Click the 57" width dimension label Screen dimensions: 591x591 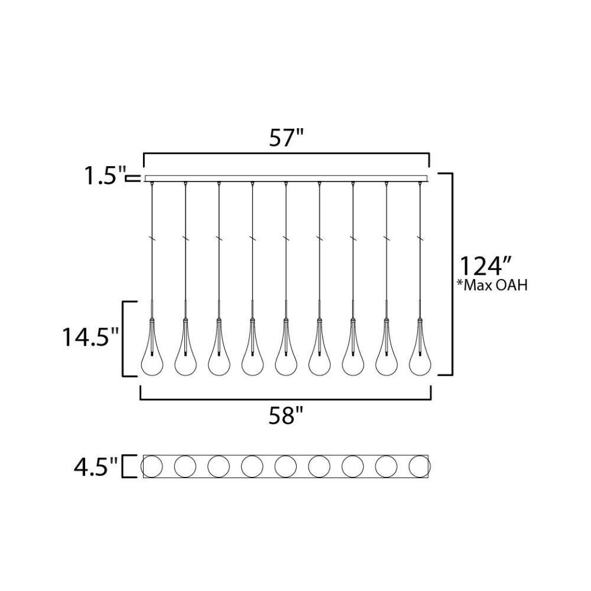287,138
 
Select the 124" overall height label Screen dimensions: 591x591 485,267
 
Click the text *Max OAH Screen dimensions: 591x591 492,285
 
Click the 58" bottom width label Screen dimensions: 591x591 286,416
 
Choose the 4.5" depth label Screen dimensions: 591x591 96,466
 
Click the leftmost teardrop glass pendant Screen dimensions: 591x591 152,347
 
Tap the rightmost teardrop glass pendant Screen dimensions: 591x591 420,347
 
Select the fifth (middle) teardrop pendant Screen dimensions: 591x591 286,347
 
